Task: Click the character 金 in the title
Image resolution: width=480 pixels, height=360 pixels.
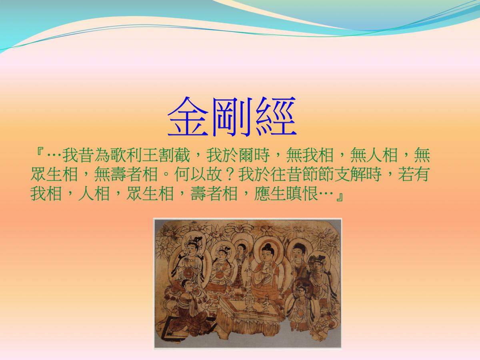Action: (x=188, y=116)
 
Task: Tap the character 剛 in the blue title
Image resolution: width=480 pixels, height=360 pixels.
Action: (x=232, y=116)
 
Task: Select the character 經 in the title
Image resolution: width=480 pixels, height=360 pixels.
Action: (x=276, y=116)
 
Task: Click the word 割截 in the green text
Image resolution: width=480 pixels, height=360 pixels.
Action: (x=174, y=156)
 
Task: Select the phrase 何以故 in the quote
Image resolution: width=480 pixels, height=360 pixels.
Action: (x=198, y=174)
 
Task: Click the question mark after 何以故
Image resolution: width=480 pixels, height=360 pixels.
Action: (x=230, y=174)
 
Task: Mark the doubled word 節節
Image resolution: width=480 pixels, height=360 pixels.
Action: (x=318, y=174)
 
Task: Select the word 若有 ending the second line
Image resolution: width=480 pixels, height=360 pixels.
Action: (x=413, y=174)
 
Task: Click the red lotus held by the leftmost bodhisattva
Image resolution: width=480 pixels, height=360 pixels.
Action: (x=188, y=274)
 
